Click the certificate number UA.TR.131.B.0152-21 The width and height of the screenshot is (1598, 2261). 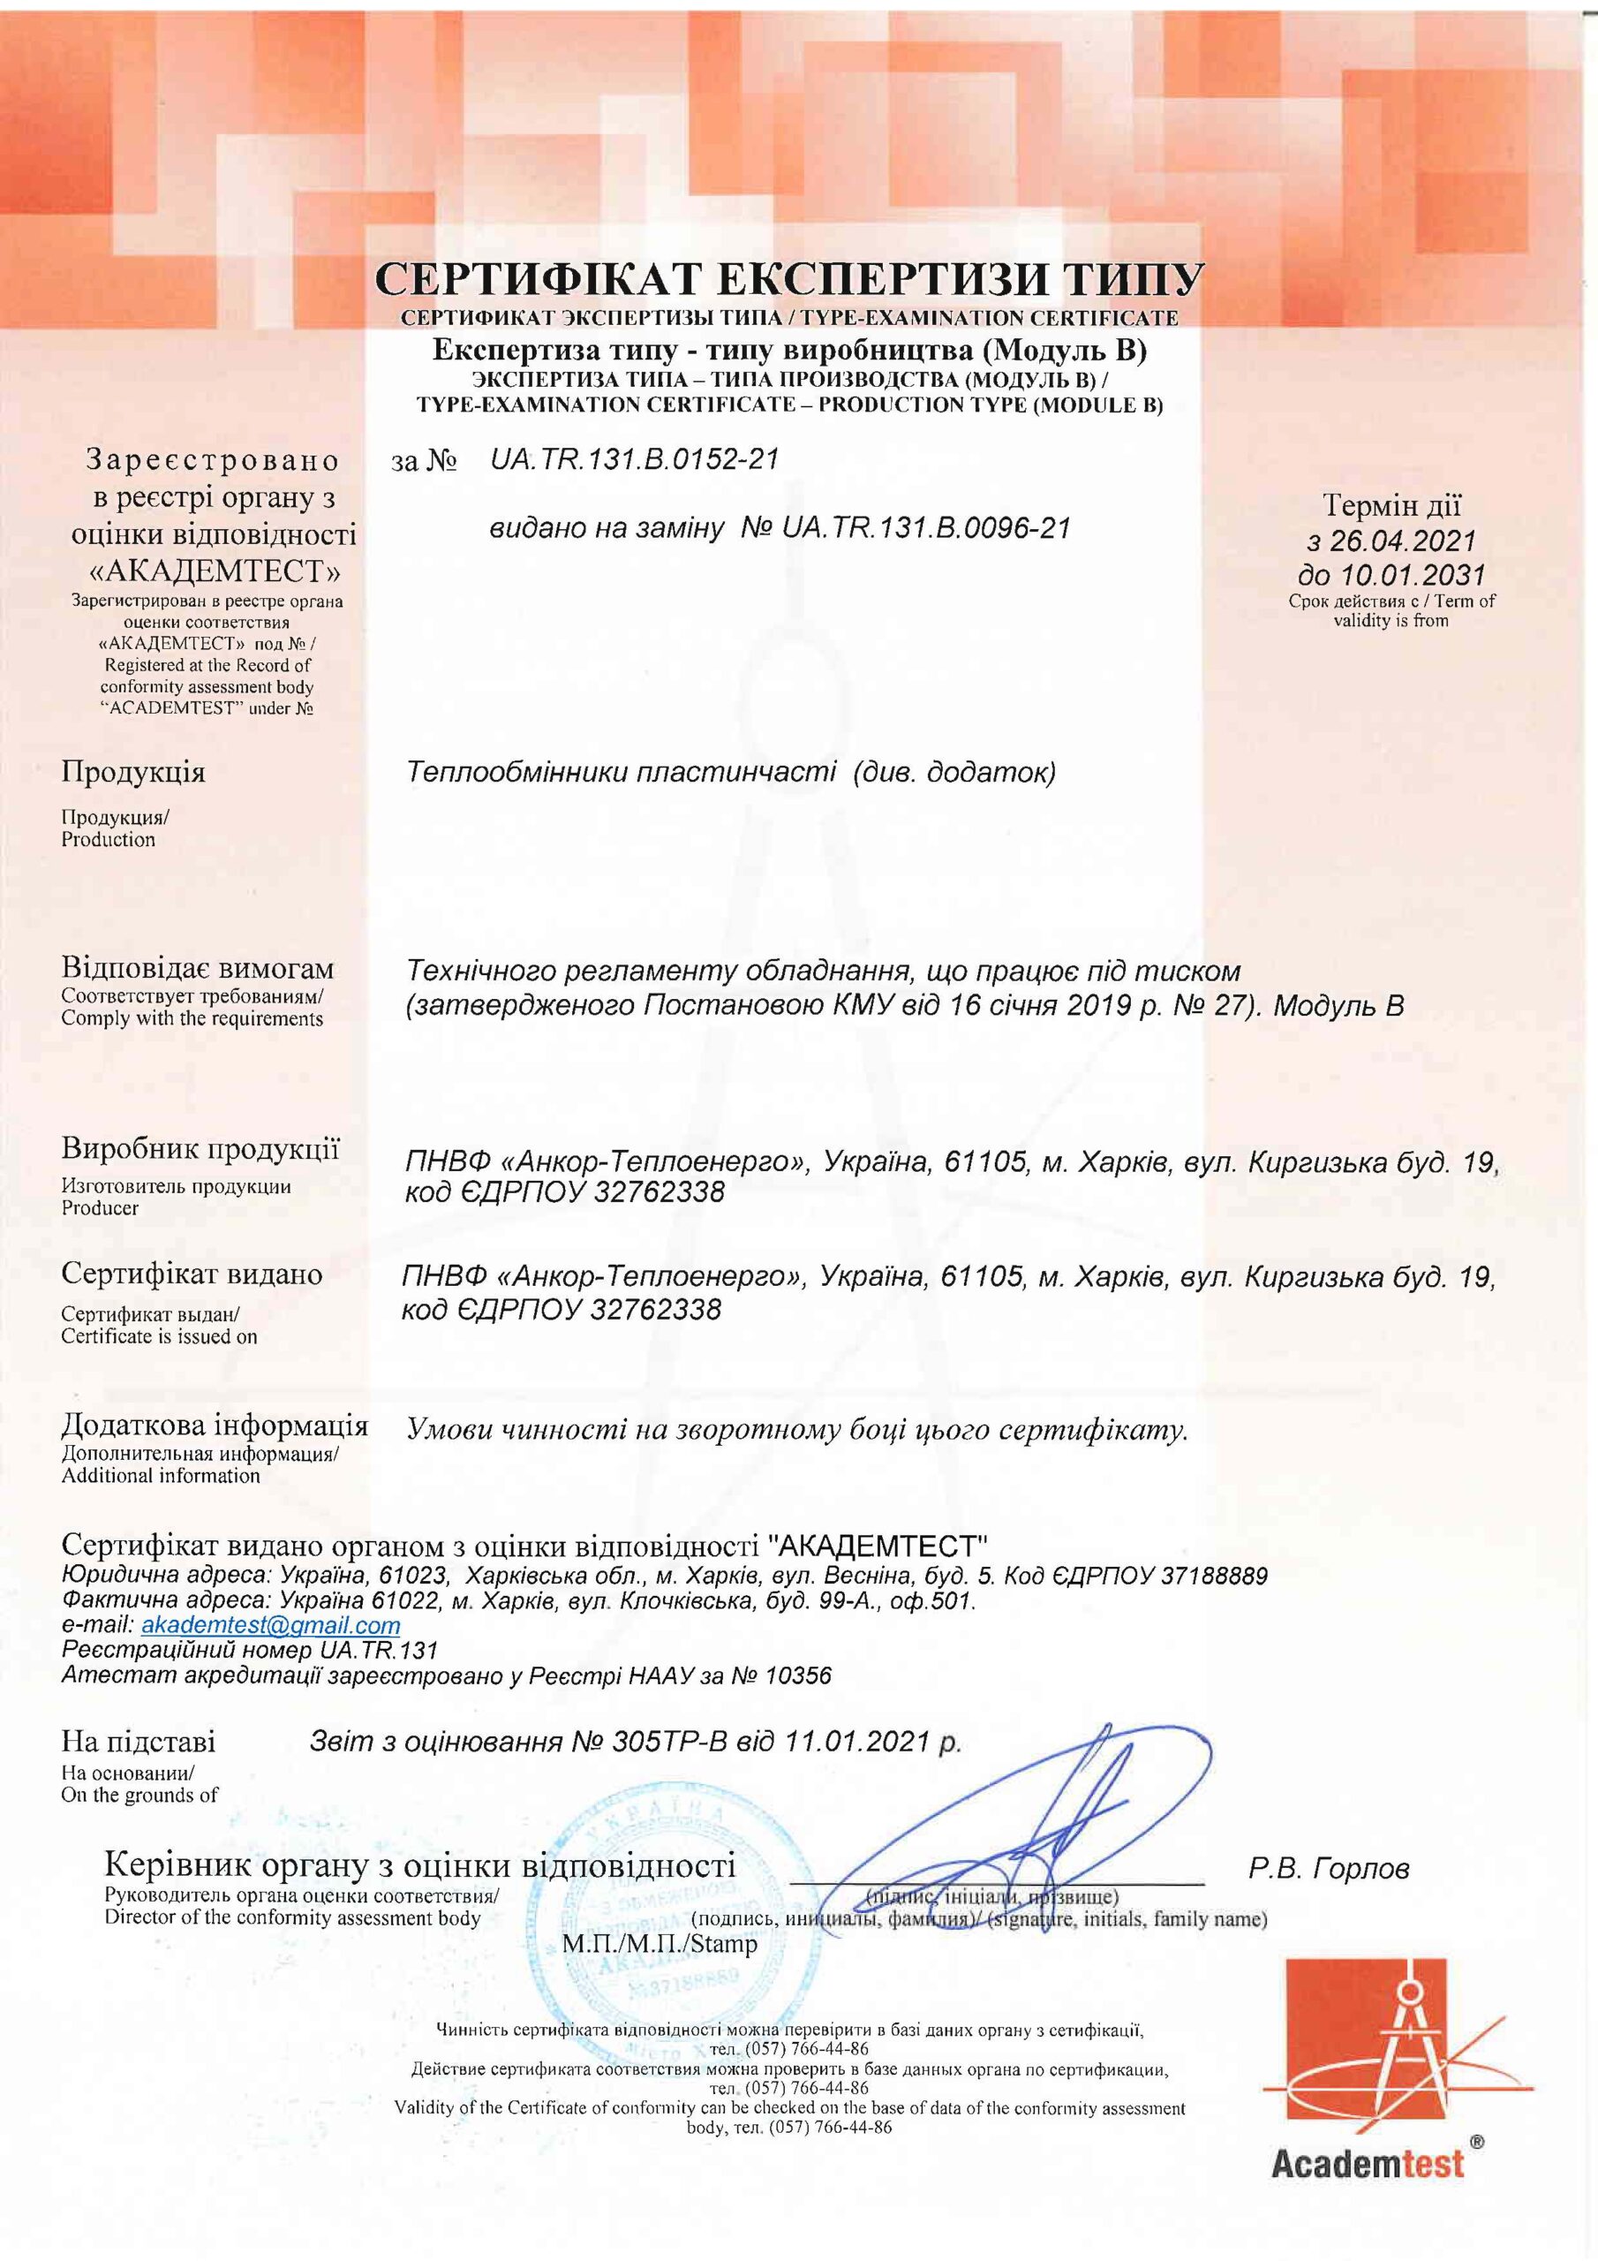click(634, 460)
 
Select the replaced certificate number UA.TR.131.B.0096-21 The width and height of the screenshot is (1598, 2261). click(925, 529)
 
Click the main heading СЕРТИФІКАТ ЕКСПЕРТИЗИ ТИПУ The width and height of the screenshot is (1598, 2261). click(788, 281)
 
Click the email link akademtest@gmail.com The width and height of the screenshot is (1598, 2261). click(271, 1624)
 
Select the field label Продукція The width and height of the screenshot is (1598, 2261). click(134, 771)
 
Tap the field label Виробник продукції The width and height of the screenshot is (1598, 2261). click(201, 1148)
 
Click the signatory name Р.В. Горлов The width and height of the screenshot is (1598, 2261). click(1330, 1868)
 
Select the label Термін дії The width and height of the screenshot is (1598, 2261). click(1392, 506)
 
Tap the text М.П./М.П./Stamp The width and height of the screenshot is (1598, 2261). click(660, 1944)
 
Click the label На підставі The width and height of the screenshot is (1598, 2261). click(138, 1742)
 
